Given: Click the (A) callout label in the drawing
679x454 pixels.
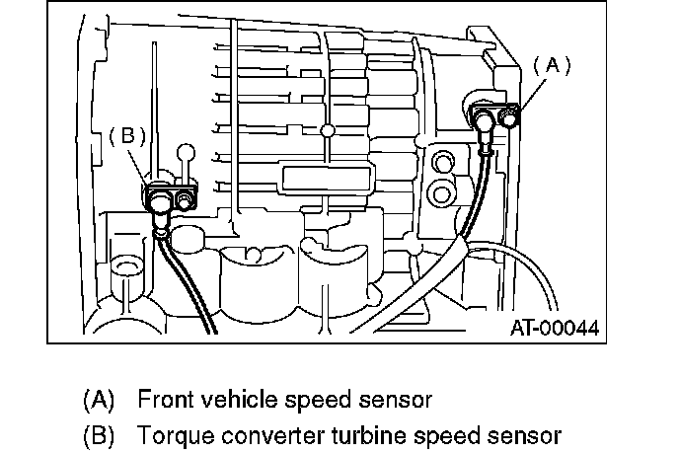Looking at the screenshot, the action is [553, 65].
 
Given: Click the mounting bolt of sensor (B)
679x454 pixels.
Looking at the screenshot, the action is [185, 201].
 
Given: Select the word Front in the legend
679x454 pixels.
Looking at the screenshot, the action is [163, 400].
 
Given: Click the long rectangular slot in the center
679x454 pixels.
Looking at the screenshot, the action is [327, 179].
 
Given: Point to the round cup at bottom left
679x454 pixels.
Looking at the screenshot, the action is [125, 266].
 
